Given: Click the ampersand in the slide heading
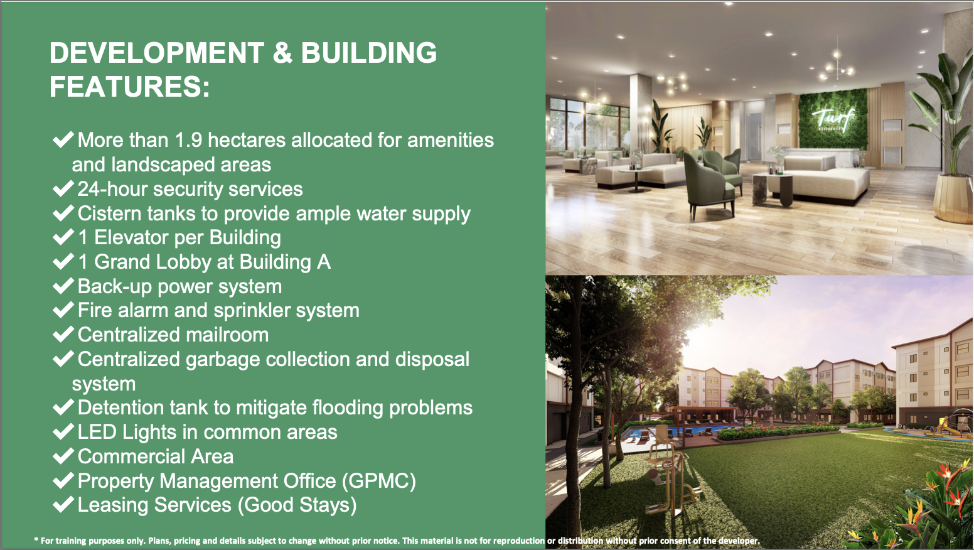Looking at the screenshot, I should [282, 53].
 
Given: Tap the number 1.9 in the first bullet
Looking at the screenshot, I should [188, 140].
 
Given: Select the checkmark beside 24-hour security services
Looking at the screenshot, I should [63, 189].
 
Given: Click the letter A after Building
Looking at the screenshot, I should [323, 262].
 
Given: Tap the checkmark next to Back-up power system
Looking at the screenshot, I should [63, 286].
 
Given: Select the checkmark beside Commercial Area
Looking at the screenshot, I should [63, 456].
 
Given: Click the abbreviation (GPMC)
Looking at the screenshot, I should [378, 482].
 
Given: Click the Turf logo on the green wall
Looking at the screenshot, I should [833, 118].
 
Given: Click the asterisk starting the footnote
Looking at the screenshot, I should [36, 540].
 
